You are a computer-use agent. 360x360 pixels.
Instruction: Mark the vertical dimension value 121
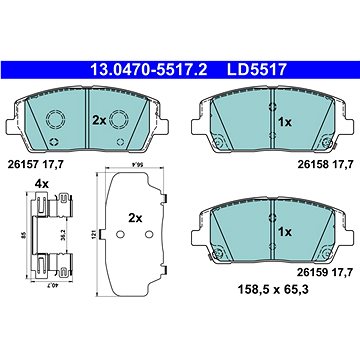tap(94, 235)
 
